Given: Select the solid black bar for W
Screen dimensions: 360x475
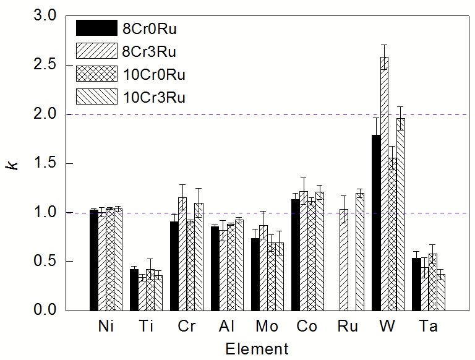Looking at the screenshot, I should pos(376,222).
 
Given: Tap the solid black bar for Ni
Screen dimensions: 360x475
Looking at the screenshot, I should pos(93,260).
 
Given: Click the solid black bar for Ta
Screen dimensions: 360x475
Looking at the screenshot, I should pos(416,284).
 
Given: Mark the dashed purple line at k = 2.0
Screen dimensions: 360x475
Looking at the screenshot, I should pos(247,114).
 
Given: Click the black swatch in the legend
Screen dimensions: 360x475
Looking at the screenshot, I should pos(96,28).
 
